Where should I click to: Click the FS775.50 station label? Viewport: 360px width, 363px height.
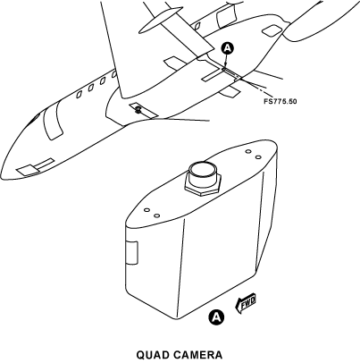(280, 101)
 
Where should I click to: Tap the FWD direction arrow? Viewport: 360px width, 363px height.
(246, 304)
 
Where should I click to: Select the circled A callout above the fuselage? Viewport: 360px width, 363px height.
(228, 48)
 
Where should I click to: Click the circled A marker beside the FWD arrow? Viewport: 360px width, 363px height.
(216, 317)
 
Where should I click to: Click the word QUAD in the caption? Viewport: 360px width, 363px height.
(152, 355)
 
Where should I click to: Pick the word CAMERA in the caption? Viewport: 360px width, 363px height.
(197, 355)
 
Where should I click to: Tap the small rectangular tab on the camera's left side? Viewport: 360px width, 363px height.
(132, 253)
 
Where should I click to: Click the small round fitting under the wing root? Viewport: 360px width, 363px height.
(138, 110)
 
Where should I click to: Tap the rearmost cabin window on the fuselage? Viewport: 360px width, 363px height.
(114, 74)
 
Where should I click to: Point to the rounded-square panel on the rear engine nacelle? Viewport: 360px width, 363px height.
(272, 30)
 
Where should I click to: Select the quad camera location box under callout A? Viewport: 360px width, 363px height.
(231, 73)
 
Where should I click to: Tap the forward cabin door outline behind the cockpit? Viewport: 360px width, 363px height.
(53, 122)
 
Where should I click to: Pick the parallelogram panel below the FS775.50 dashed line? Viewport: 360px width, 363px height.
(230, 91)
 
